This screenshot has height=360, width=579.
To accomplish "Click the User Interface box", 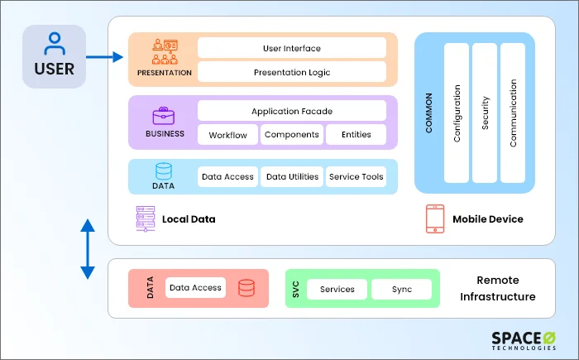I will pos(291,48).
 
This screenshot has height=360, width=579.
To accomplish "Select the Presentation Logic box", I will pos(291,72).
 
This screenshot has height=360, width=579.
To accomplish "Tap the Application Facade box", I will pos(291,111).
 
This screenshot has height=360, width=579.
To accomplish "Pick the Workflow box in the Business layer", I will pos(227,135).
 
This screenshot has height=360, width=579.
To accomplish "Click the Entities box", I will pos(355,135).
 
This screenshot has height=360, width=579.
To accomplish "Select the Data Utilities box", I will pos(291,176).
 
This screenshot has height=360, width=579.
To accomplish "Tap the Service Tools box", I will pos(356,176).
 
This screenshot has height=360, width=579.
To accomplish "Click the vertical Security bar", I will pos(485,113).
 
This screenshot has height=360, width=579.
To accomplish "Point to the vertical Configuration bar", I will pos(457,113).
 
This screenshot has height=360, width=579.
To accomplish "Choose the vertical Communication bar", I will pos(513,113).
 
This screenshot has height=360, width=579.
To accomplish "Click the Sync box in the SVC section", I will pos(401,289).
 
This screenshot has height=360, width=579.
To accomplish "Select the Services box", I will pos(337,289).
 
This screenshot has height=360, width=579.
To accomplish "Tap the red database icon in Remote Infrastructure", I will pos(246,288).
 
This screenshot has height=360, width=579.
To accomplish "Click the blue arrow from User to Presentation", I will pos(103,57).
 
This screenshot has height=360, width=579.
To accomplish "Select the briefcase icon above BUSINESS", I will pos(162,117).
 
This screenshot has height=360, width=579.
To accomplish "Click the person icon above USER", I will pos(54,43).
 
